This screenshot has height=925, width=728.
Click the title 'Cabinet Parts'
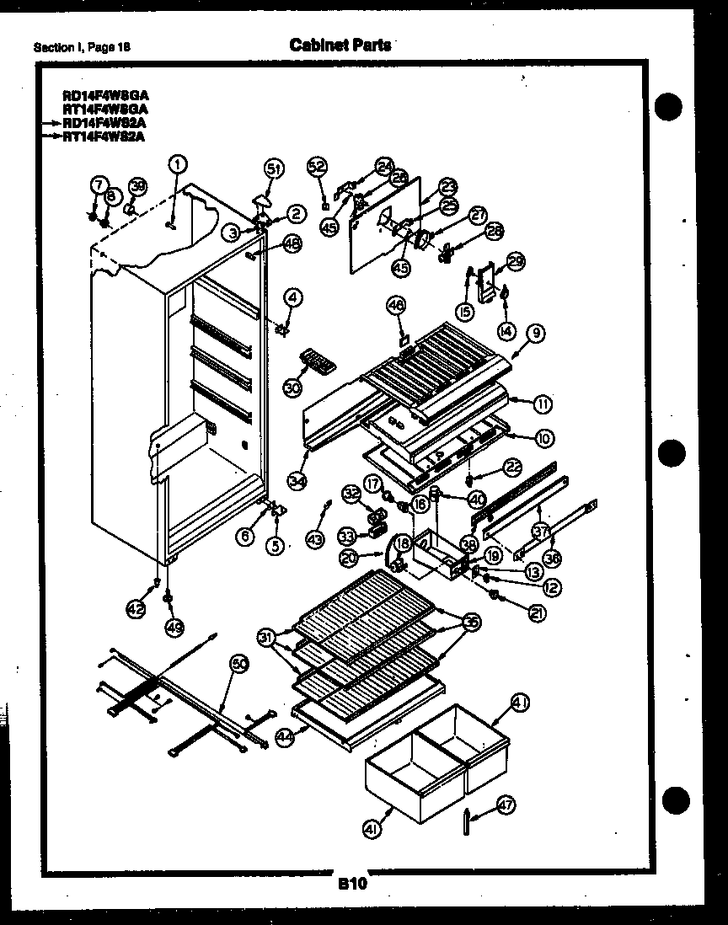[x=340, y=45]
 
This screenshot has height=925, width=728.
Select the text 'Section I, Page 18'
[x=82, y=47]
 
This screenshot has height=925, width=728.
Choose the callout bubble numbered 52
[x=316, y=166]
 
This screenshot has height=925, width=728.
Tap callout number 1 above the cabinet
[x=178, y=163]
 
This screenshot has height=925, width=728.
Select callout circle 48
[x=292, y=244]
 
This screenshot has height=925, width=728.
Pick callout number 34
[x=296, y=480]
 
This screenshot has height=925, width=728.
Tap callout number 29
[x=516, y=262]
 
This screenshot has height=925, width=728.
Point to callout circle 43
[x=314, y=540]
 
